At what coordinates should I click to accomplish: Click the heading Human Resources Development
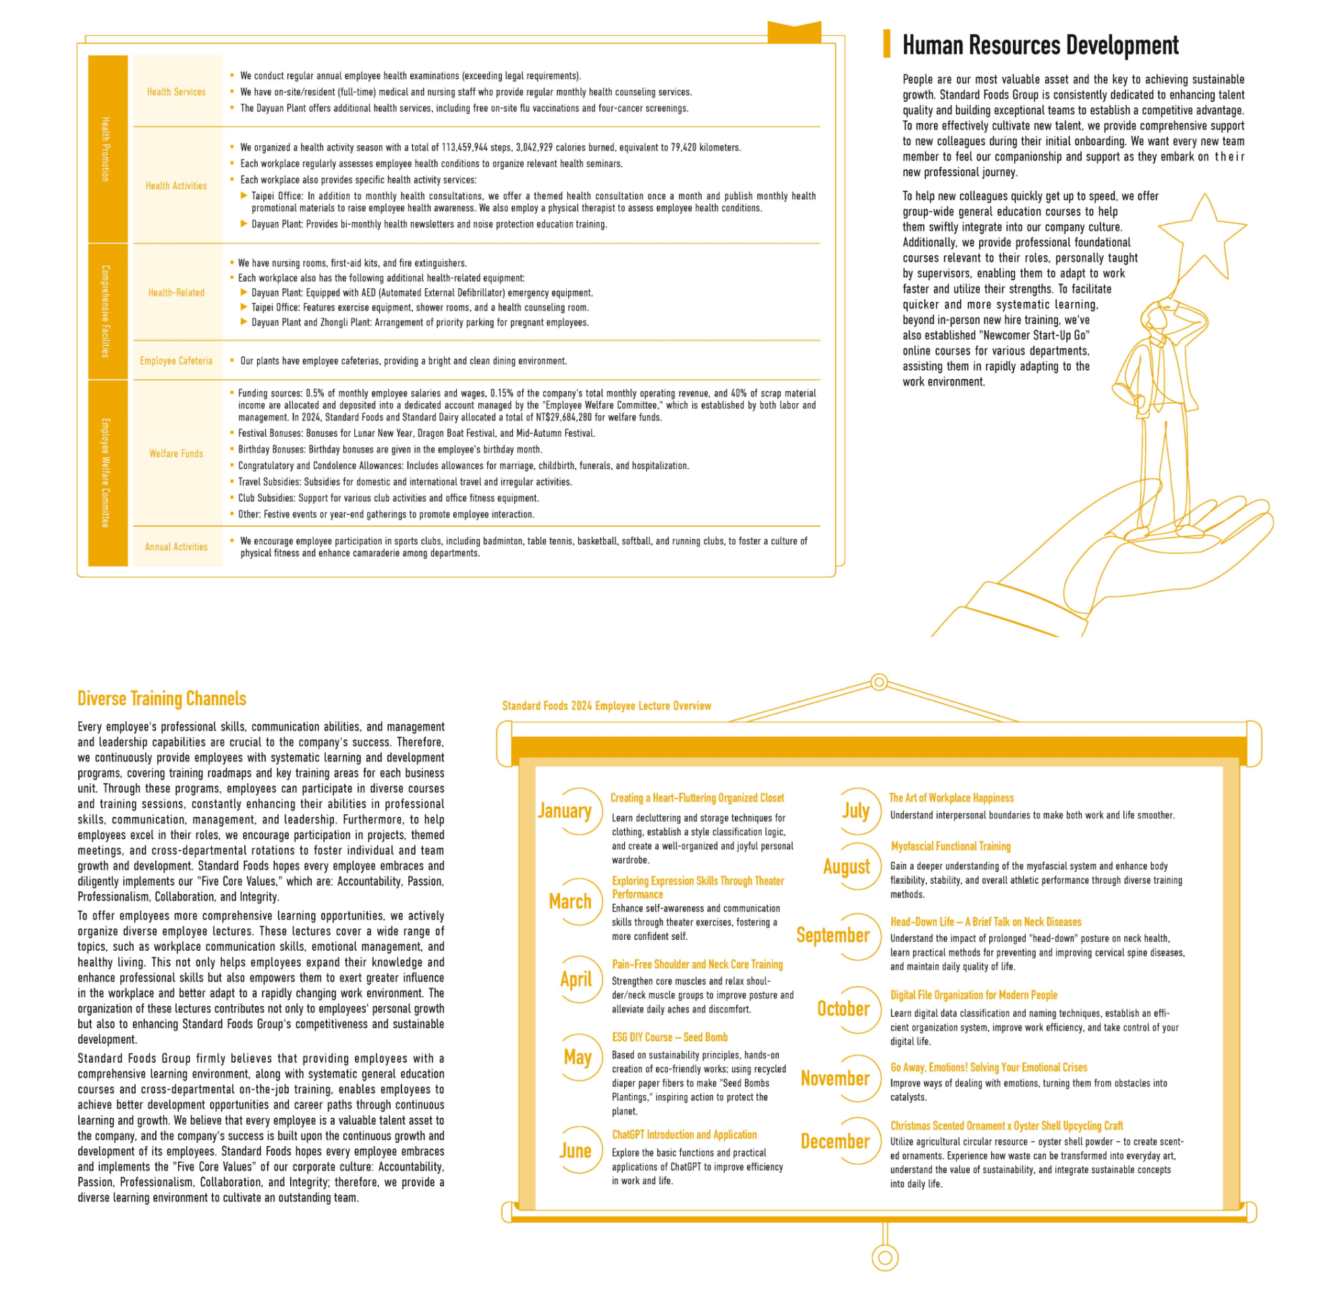[x=1040, y=45]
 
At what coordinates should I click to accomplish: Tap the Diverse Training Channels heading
[x=161, y=698]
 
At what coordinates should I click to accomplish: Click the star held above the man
[x=1203, y=234]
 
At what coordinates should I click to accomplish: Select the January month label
[x=564, y=811]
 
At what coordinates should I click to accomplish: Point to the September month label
[x=832, y=935]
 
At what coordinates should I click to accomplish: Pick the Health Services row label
[x=176, y=92]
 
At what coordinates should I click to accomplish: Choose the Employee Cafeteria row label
[x=176, y=361]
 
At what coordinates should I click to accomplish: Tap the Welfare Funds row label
[x=176, y=454]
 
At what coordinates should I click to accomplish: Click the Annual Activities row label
[x=176, y=547]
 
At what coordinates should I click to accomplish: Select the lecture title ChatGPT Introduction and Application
[x=684, y=1135]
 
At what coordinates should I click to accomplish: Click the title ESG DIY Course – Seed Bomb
[x=669, y=1037]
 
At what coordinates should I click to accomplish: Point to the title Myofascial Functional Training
[x=950, y=846]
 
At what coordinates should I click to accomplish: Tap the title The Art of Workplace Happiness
[x=951, y=798]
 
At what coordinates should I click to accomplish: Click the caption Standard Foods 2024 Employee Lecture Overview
[x=606, y=706]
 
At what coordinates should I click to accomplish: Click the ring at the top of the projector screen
[x=879, y=682]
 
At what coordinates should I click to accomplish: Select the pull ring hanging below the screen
[x=885, y=1257]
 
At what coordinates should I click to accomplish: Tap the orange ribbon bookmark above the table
[x=794, y=32]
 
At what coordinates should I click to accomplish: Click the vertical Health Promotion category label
[x=106, y=149]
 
